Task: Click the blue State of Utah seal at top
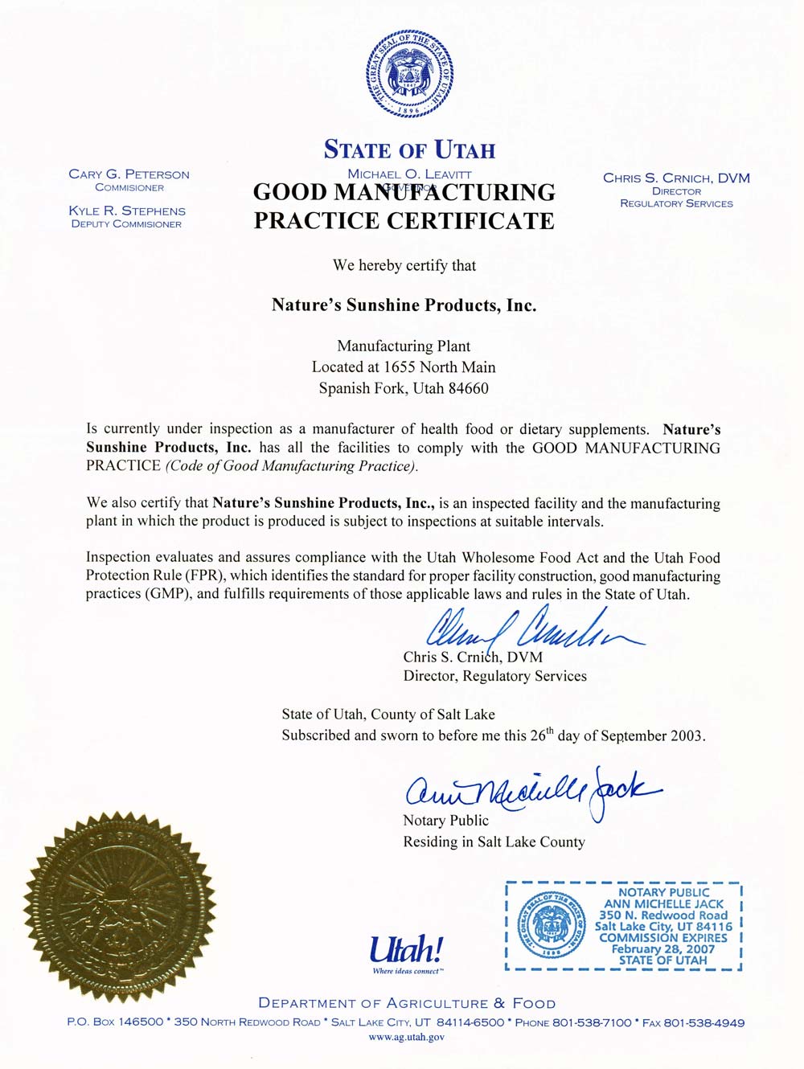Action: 409,74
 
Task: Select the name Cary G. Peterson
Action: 129,174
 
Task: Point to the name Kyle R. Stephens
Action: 127,211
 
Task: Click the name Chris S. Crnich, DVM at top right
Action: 676,178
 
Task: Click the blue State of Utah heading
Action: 409,150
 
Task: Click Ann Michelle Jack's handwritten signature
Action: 531,791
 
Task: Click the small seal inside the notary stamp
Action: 552,926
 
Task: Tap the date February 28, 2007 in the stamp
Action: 663,948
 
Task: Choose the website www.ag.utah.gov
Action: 406,1037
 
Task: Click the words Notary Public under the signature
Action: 445,821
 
